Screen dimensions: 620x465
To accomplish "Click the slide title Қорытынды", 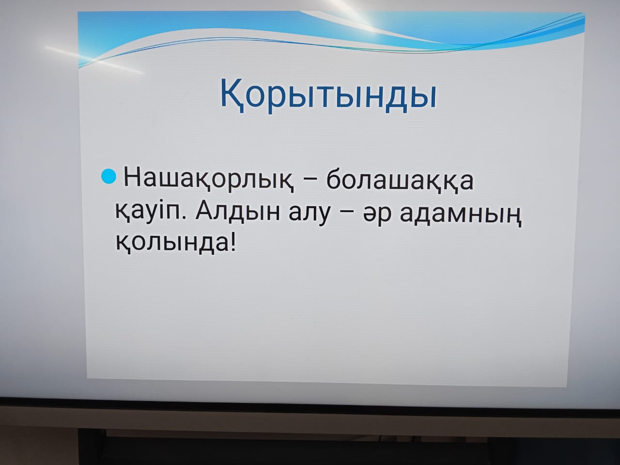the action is (328, 94).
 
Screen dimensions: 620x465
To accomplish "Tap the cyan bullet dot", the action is (108, 176).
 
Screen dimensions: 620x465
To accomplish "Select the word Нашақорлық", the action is (208, 181).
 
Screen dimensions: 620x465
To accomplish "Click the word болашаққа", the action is (400, 180).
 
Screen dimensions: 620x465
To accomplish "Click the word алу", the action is (309, 215).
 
